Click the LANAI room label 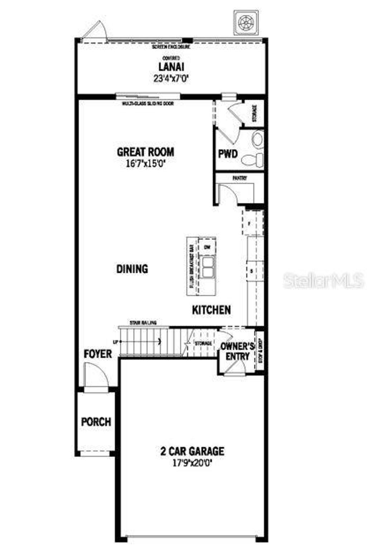(171, 67)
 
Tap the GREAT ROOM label (146, 152)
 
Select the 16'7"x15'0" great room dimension (146, 164)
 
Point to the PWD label (228, 154)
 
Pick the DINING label (132, 269)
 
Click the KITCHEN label (211, 310)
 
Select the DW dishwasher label (207, 247)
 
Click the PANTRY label (239, 178)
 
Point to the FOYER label (98, 354)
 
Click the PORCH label (96, 422)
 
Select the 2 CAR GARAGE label (192, 451)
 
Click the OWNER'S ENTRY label (237, 352)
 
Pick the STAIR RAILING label (143, 323)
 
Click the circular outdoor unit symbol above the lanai (246, 23)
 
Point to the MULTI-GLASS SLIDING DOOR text (148, 104)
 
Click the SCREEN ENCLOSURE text (171, 47)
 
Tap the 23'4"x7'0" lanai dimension (171, 79)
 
